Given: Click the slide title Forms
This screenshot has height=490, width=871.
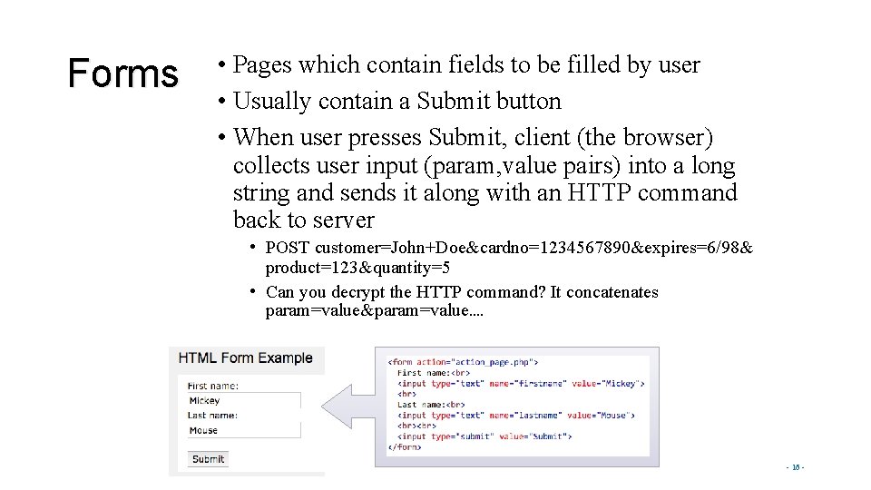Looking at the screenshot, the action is pyautogui.click(x=123, y=73).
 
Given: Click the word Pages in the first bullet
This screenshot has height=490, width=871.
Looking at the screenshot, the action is pyautogui.click(x=262, y=65).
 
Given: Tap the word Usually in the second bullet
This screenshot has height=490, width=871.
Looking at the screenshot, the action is pyautogui.click(x=271, y=101).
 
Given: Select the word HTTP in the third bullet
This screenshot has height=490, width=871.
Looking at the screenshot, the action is pyautogui.click(x=599, y=193).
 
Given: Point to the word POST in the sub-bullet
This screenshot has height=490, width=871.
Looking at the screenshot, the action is pyautogui.click(x=288, y=248).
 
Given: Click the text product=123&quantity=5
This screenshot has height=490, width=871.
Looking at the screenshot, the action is pyautogui.click(x=357, y=268).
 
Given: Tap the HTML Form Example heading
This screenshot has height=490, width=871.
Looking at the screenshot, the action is pyautogui.click(x=245, y=358).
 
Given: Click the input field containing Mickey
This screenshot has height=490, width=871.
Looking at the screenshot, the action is pyautogui.click(x=242, y=400).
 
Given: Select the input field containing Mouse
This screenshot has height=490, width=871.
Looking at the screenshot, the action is pyautogui.click(x=242, y=430).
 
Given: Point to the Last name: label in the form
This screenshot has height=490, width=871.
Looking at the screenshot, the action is pyautogui.click(x=212, y=416).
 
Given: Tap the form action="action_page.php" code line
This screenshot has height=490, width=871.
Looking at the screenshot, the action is pyautogui.click(x=464, y=362).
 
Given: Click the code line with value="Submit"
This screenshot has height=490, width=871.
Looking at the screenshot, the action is pyautogui.click(x=484, y=436).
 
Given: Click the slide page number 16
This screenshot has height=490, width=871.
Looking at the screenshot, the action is pyautogui.click(x=795, y=468).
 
